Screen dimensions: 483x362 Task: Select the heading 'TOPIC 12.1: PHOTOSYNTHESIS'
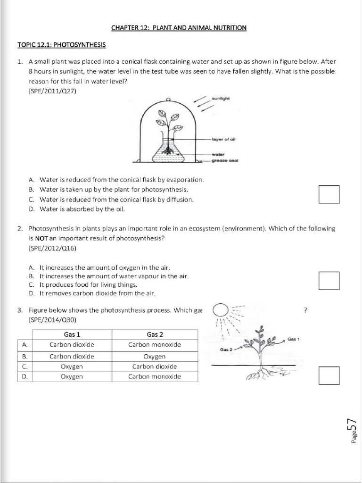click(x=61, y=45)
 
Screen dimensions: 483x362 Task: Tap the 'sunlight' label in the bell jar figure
click(x=221, y=99)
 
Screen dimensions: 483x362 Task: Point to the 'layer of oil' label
click(x=223, y=139)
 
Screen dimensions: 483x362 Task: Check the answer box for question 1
click(x=329, y=194)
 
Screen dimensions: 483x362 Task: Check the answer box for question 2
click(x=329, y=280)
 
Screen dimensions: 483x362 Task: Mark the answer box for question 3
click(x=329, y=375)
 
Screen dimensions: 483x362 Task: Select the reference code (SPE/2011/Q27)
click(x=52, y=91)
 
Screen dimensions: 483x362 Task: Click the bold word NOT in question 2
click(x=42, y=238)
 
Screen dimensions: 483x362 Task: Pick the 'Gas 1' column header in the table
click(x=72, y=334)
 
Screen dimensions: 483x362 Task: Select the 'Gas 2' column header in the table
click(x=155, y=334)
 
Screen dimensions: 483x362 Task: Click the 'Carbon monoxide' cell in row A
click(x=155, y=345)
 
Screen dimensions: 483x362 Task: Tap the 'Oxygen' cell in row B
click(x=155, y=356)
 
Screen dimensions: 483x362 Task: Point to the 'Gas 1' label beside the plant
click(x=294, y=339)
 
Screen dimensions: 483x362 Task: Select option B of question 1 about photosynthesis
click(x=107, y=190)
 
